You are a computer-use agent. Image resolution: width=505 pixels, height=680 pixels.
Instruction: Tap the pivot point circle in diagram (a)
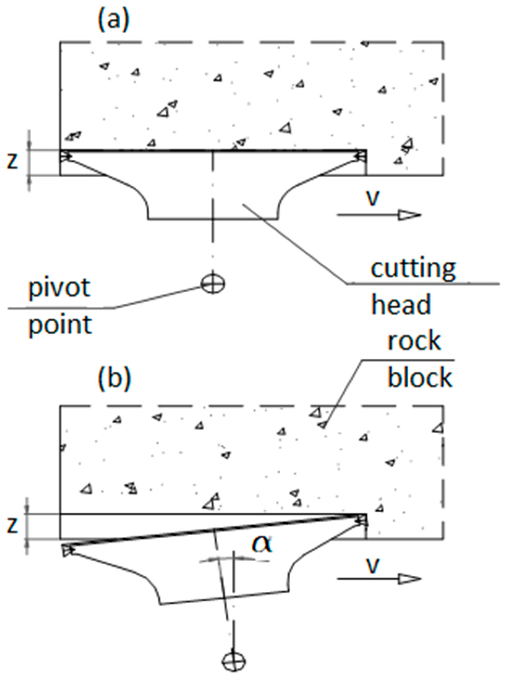[x=213, y=284]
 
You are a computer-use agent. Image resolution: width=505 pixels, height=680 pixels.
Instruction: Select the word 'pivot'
[x=59, y=288]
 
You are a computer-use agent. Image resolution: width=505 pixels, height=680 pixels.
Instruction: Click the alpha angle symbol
[x=261, y=545]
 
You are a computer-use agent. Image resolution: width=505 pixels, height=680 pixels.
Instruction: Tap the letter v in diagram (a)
[x=372, y=199]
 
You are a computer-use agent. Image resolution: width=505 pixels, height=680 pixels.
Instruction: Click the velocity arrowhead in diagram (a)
[x=410, y=215]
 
